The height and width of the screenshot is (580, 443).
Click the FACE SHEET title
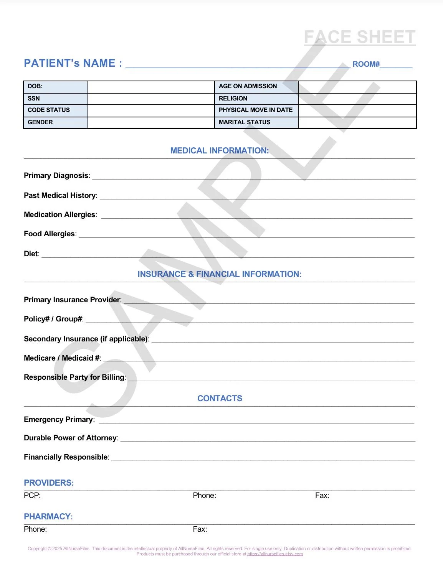pos(360,37)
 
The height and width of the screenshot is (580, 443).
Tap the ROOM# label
pos(366,64)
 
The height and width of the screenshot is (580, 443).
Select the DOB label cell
pos(56,87)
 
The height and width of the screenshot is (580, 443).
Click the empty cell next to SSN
pos(151,99)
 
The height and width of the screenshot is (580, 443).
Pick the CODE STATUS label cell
pos(56,110)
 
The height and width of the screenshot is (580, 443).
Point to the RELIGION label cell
pos(256,99)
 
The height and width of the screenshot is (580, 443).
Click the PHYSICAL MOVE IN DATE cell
pos(256,110)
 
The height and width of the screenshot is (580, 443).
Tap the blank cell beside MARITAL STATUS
pos(357,122)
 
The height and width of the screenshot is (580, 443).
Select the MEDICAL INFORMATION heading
pos(220,151)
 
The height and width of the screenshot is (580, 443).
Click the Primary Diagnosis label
pos(56,176)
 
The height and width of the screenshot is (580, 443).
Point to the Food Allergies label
pos(50,234)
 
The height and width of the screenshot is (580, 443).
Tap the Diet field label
pos(31,254)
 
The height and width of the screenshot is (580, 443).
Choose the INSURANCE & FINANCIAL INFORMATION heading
pos(220,274)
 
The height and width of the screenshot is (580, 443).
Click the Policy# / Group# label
pos(53,319)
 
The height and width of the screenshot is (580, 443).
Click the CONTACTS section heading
pos(220,399)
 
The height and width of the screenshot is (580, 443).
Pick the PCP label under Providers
pos(32,496)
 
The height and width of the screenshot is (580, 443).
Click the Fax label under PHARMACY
pos(200,529)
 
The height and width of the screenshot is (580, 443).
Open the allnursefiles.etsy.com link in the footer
pos(275,554)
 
